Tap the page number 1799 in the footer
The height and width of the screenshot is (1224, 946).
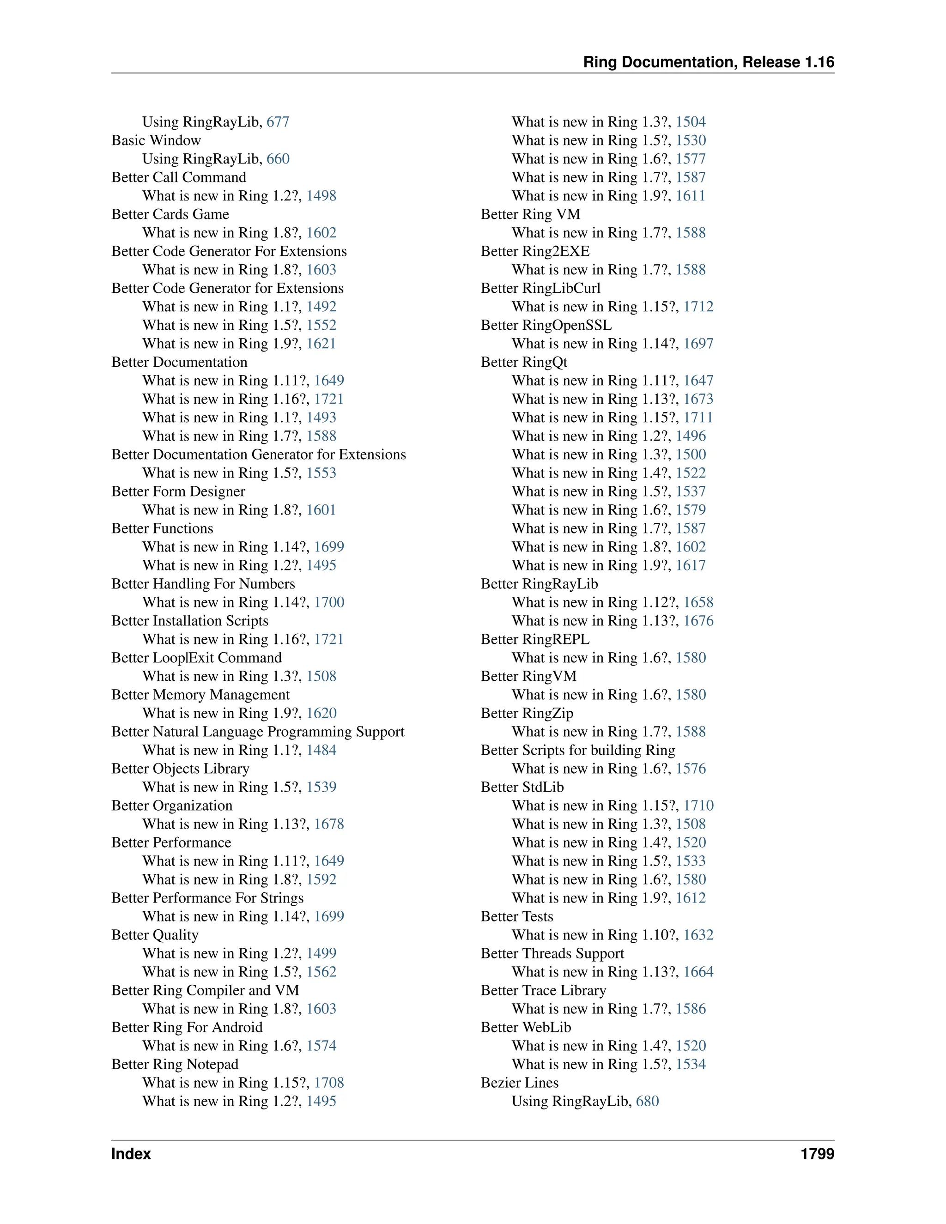[x=817, y=1154]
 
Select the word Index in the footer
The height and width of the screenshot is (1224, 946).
[x=131, y=1154]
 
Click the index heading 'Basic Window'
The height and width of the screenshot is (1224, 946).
[x=156, y=140]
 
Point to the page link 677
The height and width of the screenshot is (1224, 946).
[x=278, y=121]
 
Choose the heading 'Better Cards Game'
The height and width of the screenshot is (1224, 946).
[x=170, y=214]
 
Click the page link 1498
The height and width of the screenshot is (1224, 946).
[x=321, y=195]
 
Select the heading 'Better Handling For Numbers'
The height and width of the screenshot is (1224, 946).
[x=203, y=583]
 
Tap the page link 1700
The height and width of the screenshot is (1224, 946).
[x=329, y=602]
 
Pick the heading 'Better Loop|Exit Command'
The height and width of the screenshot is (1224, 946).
[x=196, y=657]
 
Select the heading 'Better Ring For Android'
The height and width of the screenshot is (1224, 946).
[x=187, y=1027]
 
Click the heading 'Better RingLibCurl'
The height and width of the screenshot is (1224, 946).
[x=540, y=288]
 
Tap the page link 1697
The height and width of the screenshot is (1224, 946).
[x=698, y=344]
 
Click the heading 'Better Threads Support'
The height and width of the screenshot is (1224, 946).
[x=552, y=953]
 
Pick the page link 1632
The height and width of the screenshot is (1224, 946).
[x=698, y=935]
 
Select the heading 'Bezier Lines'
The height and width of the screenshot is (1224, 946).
[x=520, y=1082]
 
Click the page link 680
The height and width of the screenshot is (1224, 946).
[x=647, y=1101]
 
